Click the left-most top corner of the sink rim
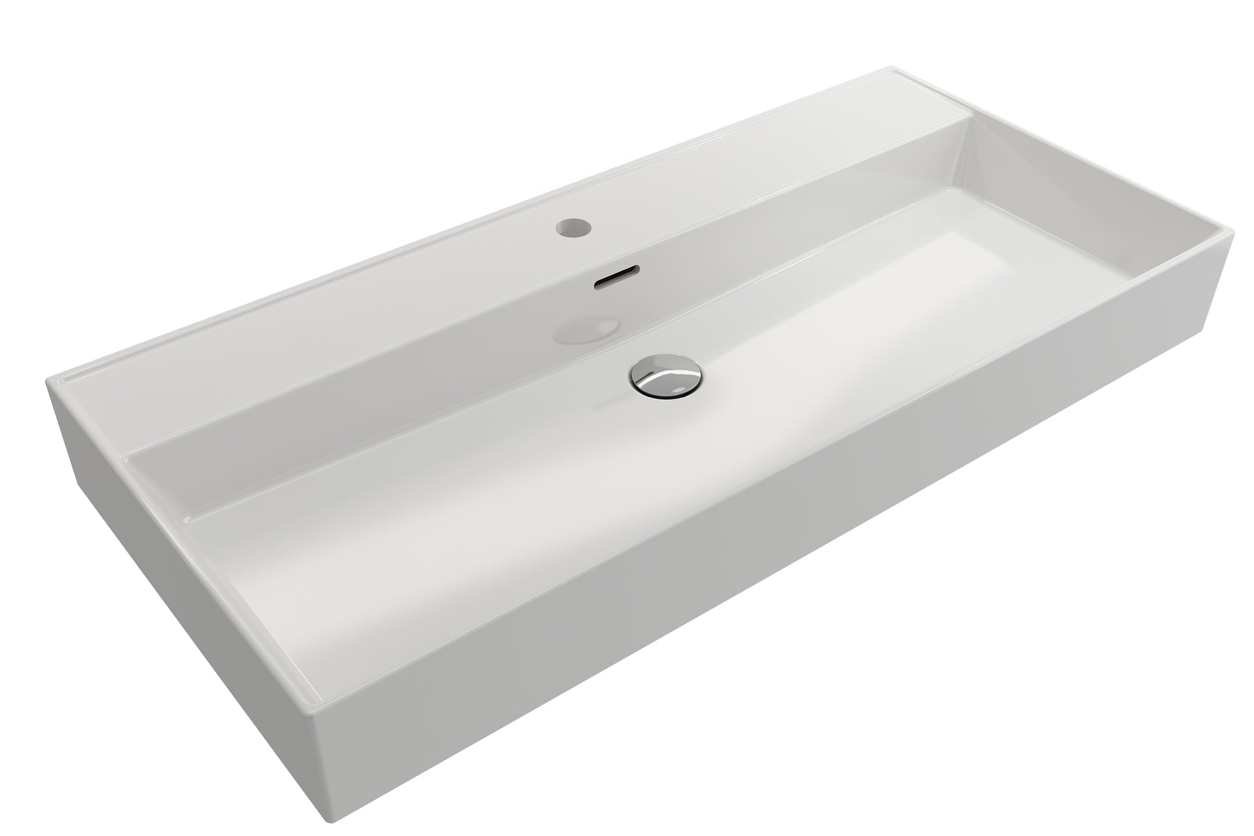click(49, 382)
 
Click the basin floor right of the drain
click(836, 348)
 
